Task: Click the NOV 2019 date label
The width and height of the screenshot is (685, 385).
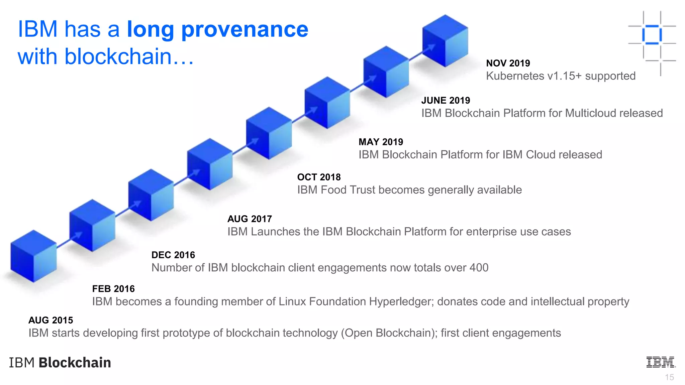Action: click(x=508, y=63)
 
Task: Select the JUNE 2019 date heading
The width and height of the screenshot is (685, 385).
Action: click(x=446, y=100)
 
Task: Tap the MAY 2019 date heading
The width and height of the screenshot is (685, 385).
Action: click(x=381, y=142)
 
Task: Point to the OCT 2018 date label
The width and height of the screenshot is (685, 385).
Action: click(x=319, y=177)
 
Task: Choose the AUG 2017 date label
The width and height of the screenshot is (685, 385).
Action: click(x=250, y=219)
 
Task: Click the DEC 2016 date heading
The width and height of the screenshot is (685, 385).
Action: click(x=173, y=255)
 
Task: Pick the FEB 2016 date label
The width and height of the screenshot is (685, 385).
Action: click(x=113, y=289)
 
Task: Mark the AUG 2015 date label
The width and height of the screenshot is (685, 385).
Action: click(x=51, y=320)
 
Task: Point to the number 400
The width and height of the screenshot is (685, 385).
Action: click(x=479, y=268)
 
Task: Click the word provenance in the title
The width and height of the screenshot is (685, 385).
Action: click(x=244, y=29)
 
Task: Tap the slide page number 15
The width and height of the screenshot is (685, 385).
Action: click(x=669, y=377)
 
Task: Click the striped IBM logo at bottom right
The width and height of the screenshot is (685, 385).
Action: click(x=661, y=362)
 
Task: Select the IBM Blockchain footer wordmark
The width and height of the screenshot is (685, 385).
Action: click(x=60, y=363)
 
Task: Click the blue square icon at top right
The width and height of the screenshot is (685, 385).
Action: click(x=652, y=35)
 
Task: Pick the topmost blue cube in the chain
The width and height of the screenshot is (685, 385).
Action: click(x=445, y=40)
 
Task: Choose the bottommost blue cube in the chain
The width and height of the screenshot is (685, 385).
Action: click(x=33, y=256)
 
